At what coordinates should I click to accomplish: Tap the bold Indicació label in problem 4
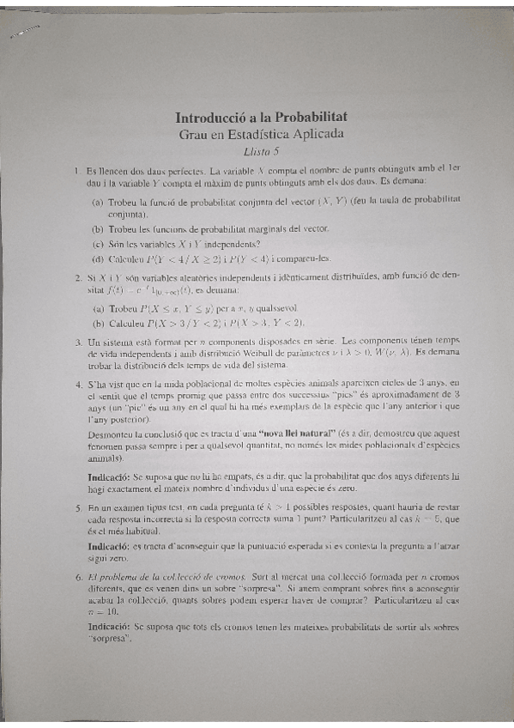tap(108, 476)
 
